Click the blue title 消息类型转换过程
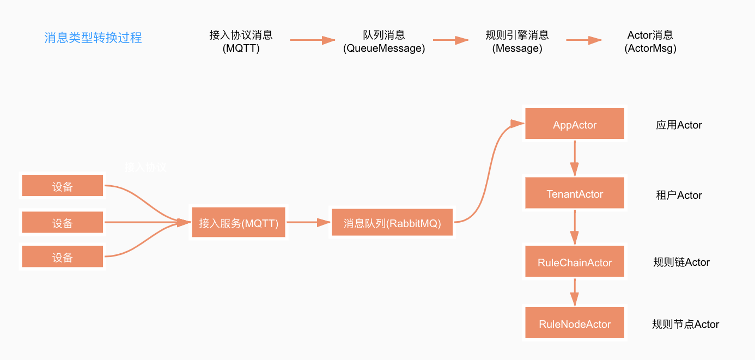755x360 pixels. click(x=93, y=38)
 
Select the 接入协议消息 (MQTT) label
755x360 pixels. click(x=241, y=41)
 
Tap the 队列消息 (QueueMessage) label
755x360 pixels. click(x=384, y=41)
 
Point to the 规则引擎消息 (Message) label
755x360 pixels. click(x=517, y=41)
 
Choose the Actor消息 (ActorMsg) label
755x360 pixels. click(x=650, y=41)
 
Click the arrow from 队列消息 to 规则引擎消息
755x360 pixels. click(x=451, y=40)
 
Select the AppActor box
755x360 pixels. click(x=575, y=125)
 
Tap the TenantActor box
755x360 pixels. click(x=575, y=194)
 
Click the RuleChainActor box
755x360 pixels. click(x=575, y=263)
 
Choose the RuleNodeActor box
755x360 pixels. click(x=575, y=324)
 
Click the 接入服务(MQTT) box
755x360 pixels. click(x=239, y=223)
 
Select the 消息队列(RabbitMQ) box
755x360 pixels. click(x=392, y=223)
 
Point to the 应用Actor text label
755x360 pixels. click(x=679, y=125)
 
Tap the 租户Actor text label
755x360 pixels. click(x=679, y=195)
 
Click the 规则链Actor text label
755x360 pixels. click(x=681, y=263)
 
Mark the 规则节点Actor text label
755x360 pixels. click(x=685, y=325)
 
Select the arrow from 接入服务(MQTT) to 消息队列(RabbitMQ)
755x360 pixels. click(x=308, y=222)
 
